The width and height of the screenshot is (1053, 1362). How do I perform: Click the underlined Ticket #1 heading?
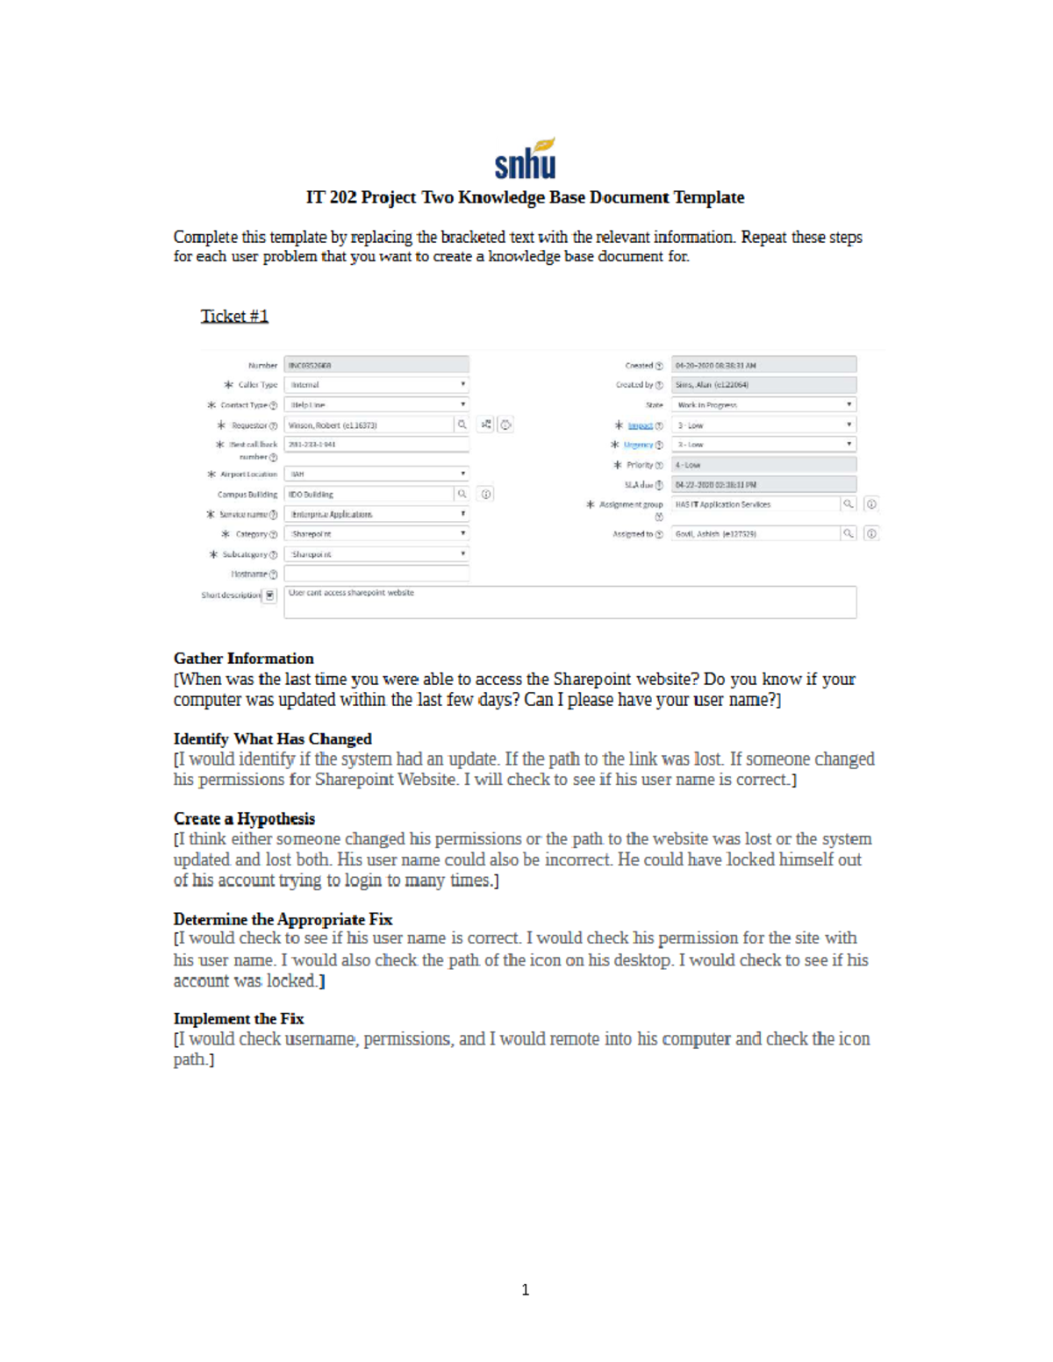[234, 316]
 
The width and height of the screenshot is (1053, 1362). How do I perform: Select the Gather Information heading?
[243, 659]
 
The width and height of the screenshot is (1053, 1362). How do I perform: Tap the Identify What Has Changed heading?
[272, 738]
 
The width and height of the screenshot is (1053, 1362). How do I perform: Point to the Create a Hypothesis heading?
[244, 818]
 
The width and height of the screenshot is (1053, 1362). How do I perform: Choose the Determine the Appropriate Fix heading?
[283, 919]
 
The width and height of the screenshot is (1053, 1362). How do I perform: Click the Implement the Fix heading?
[239, 1018]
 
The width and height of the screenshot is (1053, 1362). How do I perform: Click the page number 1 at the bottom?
[525, 1289]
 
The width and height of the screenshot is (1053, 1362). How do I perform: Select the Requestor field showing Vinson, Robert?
[369, 425]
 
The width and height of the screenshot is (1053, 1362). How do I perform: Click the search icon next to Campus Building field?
[462, 494]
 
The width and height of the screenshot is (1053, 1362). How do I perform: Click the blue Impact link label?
[640, 425]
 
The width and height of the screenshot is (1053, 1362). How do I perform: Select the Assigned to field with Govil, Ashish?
[755, 533]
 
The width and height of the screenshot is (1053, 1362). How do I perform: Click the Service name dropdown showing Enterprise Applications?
[376, 514]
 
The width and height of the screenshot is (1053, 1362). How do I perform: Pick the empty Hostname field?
[376, 574]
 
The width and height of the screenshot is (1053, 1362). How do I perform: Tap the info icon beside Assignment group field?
[870, 504]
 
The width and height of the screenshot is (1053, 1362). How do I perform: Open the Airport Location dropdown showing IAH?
[376, 474]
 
